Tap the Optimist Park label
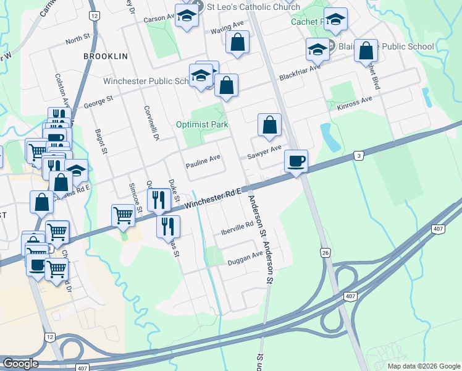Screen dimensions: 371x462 [202, 124]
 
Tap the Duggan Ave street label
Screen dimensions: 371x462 [245, 255]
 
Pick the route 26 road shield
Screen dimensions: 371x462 [325, 252]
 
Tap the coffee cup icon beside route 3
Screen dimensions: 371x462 [296, 160]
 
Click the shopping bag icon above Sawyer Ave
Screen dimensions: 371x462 [269, 125]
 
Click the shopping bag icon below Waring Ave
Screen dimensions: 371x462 [237, 43]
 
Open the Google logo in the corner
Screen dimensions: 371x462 [20, 364]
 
